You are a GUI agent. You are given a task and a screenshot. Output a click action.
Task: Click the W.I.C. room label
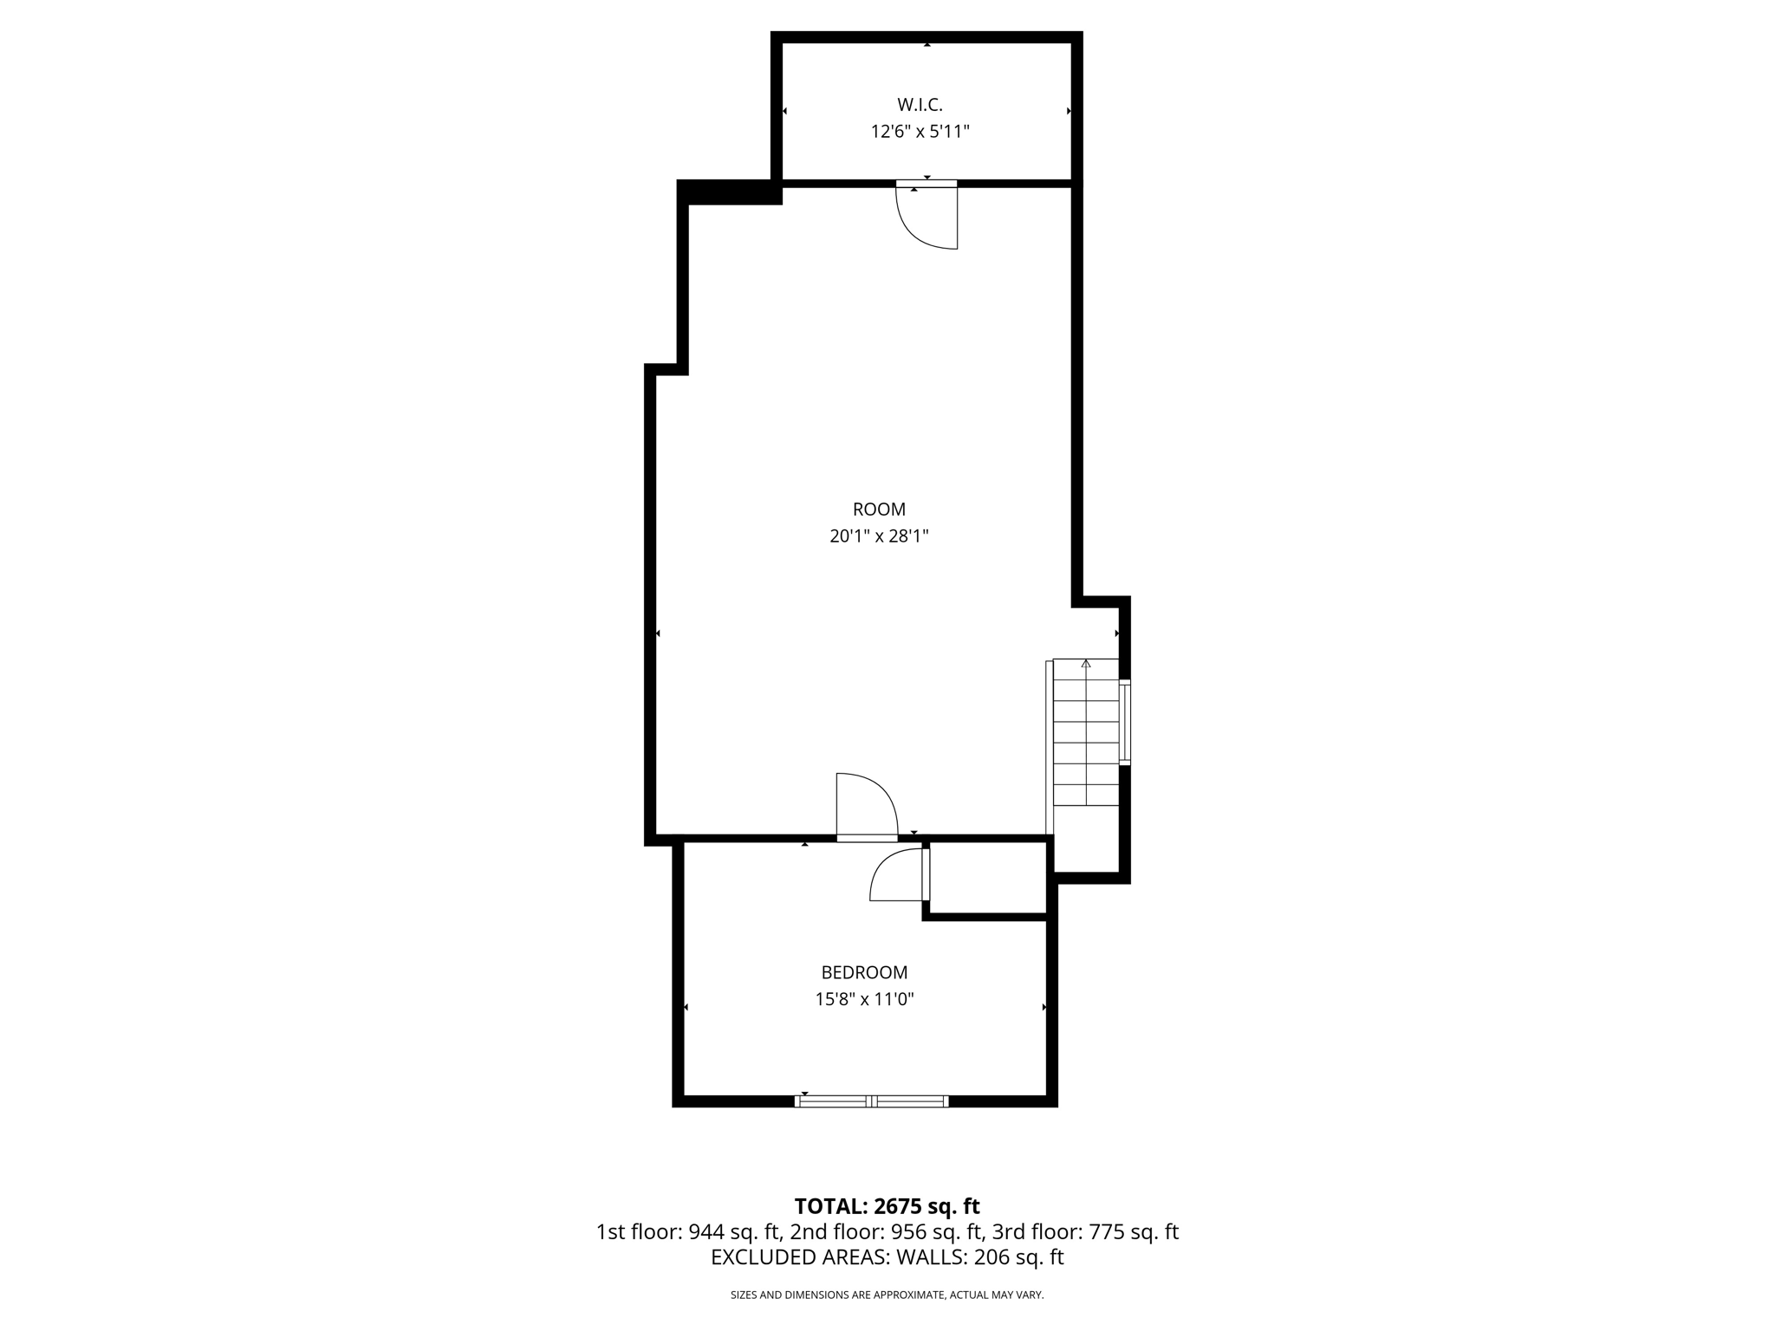click(x=920, y=105)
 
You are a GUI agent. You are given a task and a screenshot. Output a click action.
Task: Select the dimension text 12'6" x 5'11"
click(x=920, y=132)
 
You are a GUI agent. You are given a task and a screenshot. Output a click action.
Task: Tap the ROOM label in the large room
click(x=879, y=510)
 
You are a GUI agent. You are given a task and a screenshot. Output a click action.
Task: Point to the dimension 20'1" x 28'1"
click(x=879, y=536)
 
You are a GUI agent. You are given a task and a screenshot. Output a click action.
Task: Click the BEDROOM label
click(x=864, y=972)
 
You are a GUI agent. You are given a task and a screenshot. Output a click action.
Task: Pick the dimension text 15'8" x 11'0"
click(x=864, y=999)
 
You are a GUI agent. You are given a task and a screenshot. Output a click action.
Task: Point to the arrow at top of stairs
click(x=1086, y=664)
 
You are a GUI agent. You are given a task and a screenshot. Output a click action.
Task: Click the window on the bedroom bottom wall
click(x=871, y=1101)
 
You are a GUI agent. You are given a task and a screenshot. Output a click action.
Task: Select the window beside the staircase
click(x=1125, y=723)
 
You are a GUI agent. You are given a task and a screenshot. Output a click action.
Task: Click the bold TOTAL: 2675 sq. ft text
click(x=887, y=1206)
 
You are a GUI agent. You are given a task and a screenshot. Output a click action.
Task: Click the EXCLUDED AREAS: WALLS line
click(x=887, y=1257)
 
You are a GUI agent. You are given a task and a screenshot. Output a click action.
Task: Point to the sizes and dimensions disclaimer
click(x=887, y=1295)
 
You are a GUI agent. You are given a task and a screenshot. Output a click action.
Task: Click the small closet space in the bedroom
click(x=988, y=878)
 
